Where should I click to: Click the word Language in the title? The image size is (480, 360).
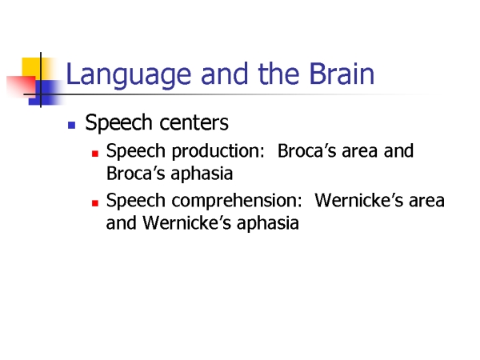tap(129, 75)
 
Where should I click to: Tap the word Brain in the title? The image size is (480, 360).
tap(342, 74)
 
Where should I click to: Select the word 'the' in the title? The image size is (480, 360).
tap(278, 74)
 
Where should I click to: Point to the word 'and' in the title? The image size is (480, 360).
tap(224, 74)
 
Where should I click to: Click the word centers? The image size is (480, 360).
tap(194, 123)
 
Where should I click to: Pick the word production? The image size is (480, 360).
tap(218, 152)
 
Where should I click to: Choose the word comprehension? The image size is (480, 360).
tap(237, 202)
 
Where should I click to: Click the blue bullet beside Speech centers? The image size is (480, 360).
tap(72, 125)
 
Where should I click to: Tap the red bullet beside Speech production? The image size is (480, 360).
tap(95, 154)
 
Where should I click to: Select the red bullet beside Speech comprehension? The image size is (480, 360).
tap(95, 203)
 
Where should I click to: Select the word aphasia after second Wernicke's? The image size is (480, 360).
tap(268, 224)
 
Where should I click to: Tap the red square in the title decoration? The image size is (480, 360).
tap(22, 86)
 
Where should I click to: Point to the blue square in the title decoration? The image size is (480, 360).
tap(46, 93)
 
